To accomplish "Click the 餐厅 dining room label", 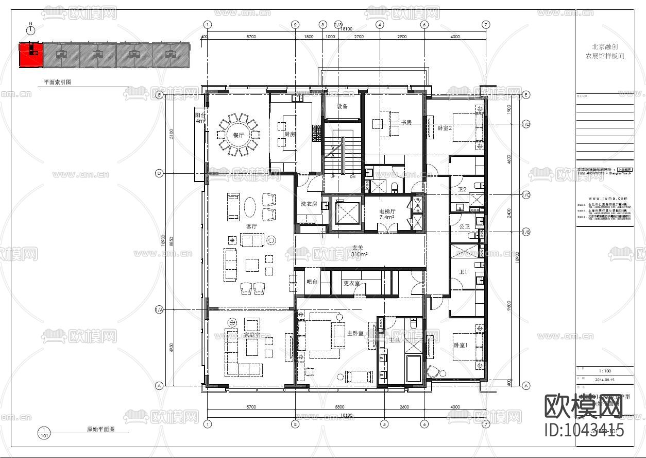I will coord(237,135).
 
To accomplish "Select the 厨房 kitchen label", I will coord(290,134).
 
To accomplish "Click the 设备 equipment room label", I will coord(343,106).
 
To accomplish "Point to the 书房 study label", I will coord(406,122).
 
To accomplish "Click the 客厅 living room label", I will coord(251,226).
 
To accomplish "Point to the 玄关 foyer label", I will coord(359,248).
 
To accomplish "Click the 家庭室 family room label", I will coord(251,336).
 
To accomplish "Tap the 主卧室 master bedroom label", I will coord(355,333).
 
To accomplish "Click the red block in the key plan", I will coord(31,55).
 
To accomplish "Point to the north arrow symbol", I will coord(31,31).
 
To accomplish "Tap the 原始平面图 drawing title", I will coord(100,429).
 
